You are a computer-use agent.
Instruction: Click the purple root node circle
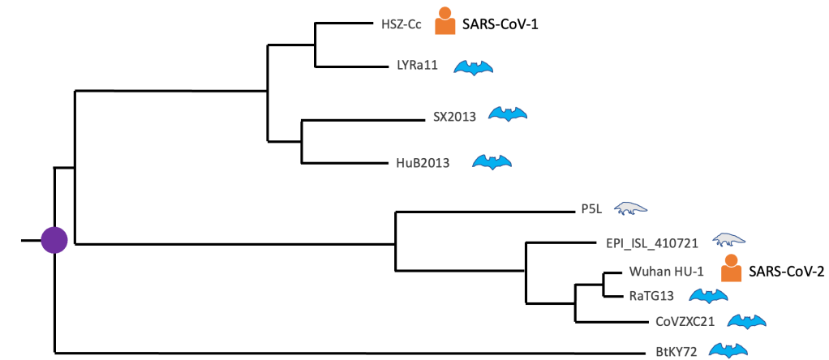(54, 241)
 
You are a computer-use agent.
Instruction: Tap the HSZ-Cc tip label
(401, 24)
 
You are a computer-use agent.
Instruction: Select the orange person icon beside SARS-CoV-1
(445, 22)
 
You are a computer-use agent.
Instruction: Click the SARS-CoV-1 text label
(500, 24)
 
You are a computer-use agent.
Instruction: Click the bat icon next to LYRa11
(473, 67)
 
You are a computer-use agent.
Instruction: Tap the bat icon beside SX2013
(508, 114)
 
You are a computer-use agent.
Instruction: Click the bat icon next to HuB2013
(492, 162)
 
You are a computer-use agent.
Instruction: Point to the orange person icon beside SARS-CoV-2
(732, 269)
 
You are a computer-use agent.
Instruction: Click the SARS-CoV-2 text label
(786, 272)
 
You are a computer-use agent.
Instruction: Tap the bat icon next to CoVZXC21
(746, 322)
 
